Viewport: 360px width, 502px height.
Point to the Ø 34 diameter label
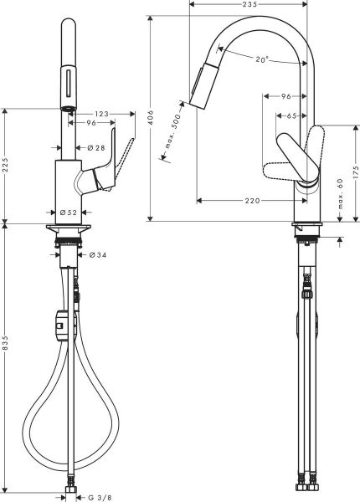96,254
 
